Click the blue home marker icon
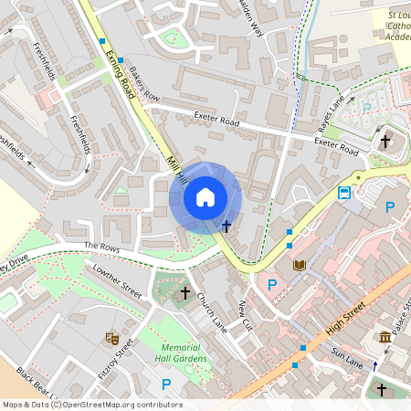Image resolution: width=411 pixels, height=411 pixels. [x=205, y=197]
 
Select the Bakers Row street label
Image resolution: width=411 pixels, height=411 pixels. [x=143, y=84]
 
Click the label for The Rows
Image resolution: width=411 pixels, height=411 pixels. [x=101, y=247]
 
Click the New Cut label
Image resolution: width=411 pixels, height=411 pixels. [x=245, y=313]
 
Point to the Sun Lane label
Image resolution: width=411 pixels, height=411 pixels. [x=347, y=355]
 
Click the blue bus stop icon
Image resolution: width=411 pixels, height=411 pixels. [x=345, y=193]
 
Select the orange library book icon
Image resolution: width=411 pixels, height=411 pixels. [x=300, y=265]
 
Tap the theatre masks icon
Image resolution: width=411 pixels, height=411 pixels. [x=111, y=338]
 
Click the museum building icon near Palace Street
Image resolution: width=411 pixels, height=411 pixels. [x=385, y=338]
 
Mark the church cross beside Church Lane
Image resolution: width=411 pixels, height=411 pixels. [x=185, y=293]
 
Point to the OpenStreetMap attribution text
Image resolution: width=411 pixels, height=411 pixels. [x=91, y=405]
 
